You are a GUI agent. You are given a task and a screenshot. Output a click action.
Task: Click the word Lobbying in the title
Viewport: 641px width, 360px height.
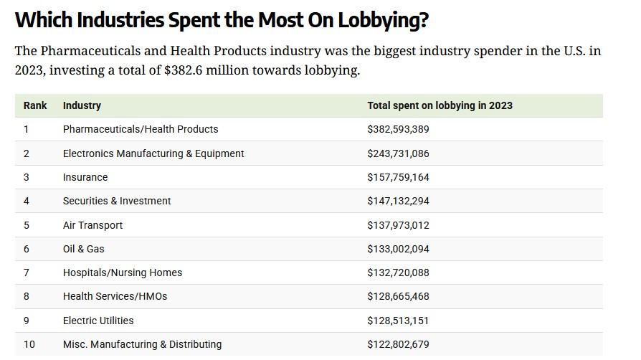(379, 20)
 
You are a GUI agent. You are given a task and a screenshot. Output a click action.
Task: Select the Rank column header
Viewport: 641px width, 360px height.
(35, 105)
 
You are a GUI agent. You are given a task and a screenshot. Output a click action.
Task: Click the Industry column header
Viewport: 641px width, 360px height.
(82, 105)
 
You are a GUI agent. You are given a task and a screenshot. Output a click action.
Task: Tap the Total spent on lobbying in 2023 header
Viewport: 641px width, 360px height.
(440, 105)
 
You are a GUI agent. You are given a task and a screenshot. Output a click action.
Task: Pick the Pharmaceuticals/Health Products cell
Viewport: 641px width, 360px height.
(141, 129)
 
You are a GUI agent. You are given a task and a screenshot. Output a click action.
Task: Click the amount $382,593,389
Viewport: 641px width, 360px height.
(398, 129)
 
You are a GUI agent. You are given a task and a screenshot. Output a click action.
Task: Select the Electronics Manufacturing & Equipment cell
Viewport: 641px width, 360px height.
(153, 153)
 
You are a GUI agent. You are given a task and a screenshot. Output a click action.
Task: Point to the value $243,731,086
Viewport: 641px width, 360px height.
(398, 153)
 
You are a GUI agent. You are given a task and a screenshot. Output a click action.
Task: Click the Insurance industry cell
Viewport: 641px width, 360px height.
(85, 177)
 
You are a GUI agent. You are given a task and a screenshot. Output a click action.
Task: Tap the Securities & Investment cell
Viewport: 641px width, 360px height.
(117, 201)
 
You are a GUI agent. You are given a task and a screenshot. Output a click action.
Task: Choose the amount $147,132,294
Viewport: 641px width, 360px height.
(398, 201)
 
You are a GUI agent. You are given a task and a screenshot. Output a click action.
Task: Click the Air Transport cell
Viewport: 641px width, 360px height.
(92, 225)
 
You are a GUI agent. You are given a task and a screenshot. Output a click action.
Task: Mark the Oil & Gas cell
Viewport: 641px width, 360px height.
(83, 249)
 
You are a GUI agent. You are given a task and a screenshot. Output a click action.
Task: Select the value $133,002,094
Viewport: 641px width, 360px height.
(398, 249)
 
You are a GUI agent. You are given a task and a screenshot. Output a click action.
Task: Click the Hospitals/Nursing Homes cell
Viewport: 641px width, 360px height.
(123, 273)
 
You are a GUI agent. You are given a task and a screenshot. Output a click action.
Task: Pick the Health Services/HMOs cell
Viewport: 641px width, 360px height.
(115, 296)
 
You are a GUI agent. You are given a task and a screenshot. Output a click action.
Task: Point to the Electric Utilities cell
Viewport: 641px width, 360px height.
(98, 321)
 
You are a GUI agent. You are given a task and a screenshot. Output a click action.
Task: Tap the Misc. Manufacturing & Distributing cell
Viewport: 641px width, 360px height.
(142, 344)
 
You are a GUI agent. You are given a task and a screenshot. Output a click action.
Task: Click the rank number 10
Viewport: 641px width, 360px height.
(29, 344)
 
